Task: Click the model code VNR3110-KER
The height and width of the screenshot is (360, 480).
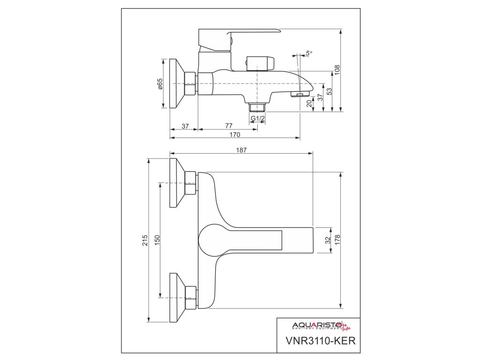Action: [317, 340]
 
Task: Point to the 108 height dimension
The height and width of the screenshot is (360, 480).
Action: [337, 69]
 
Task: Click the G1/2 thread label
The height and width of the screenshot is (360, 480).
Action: [257, 119]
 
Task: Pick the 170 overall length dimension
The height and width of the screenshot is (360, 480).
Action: [235, 135]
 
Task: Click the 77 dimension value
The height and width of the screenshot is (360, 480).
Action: [228, 126]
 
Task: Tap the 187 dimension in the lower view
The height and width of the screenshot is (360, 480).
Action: [241, 150]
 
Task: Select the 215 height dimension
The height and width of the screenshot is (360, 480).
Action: [145, 240]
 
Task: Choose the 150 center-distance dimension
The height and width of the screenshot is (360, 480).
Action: [157, 240]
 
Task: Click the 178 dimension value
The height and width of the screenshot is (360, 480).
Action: [337, 240]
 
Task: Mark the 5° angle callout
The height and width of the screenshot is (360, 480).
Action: [308, 54]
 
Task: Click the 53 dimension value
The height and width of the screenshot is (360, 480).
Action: [329, 91]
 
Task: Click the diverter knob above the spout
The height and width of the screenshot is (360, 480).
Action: [259, 63]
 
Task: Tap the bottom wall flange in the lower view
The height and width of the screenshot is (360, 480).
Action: [177, 298]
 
